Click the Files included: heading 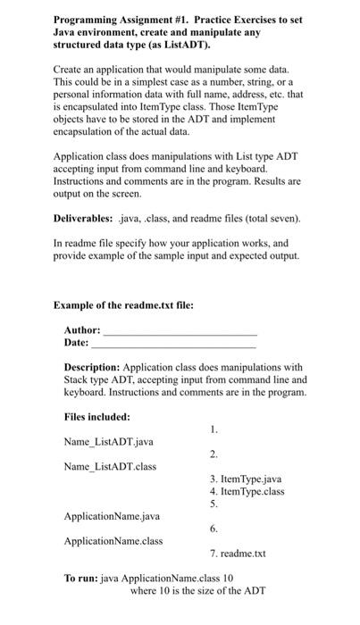(x=97, y=417)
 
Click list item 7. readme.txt (x=238, y=554)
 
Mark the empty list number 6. (x=213, y=529)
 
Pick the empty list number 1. (x=213, y=429)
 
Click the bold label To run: (x=82, y=578)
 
